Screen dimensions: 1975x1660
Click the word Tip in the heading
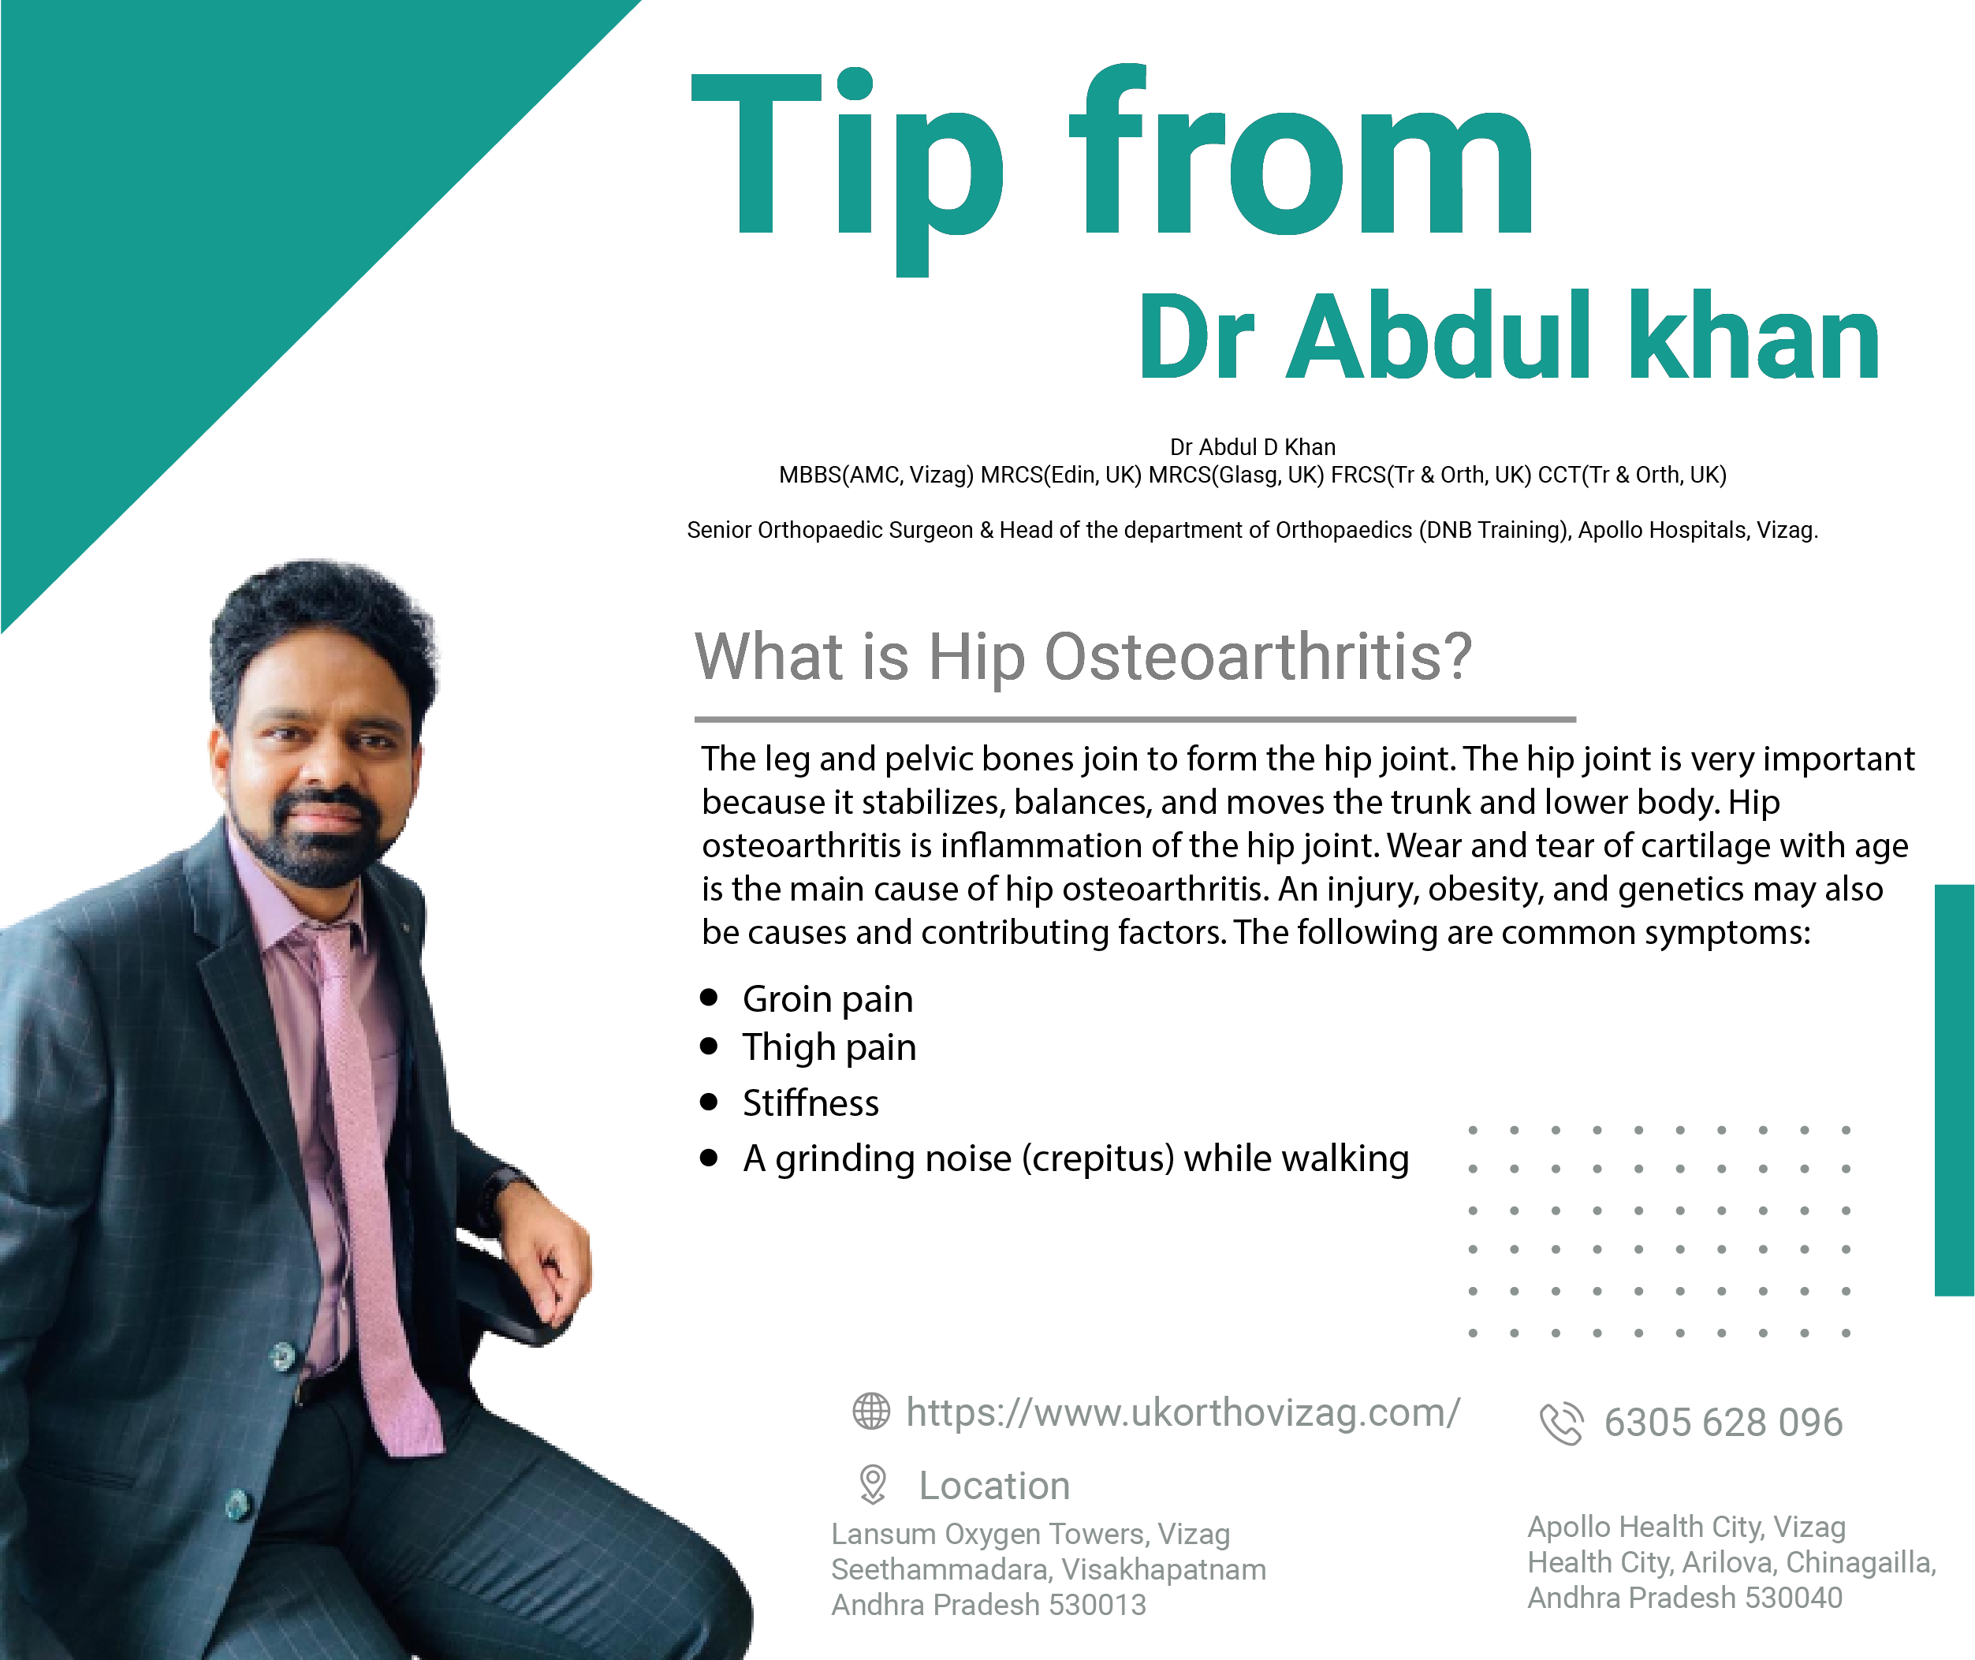[x=847, y=170]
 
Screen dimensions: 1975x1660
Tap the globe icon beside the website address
[x=871, y=1412]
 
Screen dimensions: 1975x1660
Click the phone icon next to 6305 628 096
[x=1561, y=1423]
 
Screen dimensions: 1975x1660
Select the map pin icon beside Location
[x=873, y=1485]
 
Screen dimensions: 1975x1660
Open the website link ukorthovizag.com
[x=1183, y=1412]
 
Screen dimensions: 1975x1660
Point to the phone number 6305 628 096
[x=1723, y=1423]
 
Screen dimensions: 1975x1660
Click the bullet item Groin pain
[x=827, y=999]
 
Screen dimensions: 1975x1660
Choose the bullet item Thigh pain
[x=829, y=1047]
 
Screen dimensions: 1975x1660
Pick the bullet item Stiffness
[x=810, y=1103]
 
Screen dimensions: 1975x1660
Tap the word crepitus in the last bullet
[x=1097, y=1159]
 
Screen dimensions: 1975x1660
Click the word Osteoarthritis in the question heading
[x=1258, y=656]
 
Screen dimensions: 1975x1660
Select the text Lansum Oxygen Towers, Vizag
[x=1030, y=1534]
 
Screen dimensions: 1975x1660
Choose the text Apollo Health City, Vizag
[x=1686, y=1527]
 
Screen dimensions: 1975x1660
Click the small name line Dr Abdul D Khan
[x=1252, y=447]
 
